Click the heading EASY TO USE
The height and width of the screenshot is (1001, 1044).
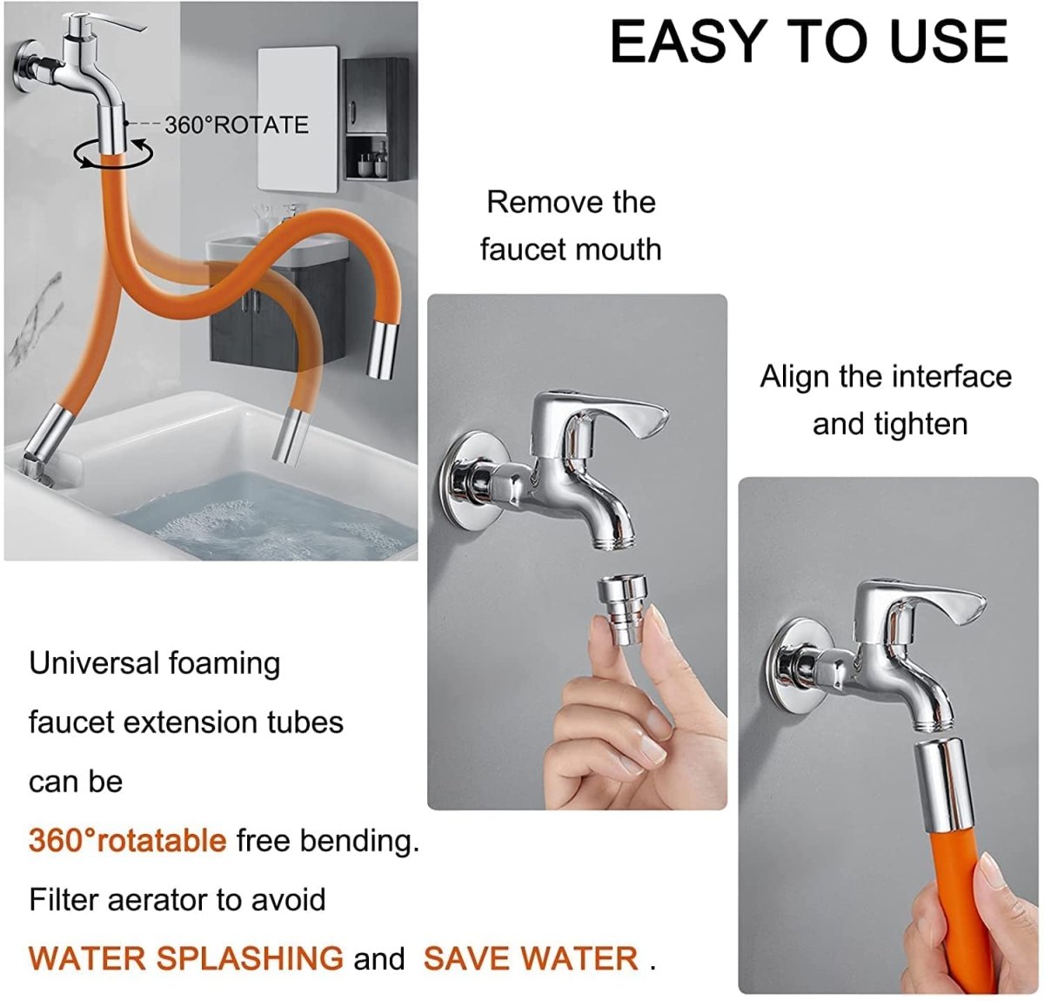coord(809,42)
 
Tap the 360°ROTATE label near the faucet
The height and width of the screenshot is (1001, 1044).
coord(237,124)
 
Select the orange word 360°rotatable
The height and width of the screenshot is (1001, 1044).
coord(127,841)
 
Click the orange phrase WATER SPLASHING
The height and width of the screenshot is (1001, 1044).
coord(185,958)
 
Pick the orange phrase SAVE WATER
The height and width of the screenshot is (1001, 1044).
coord(531,958)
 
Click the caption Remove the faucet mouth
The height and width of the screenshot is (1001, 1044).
coord(571,225)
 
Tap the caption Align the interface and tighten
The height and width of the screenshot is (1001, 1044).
coord(886,400)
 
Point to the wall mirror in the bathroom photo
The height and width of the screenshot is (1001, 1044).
coord(298,120)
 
